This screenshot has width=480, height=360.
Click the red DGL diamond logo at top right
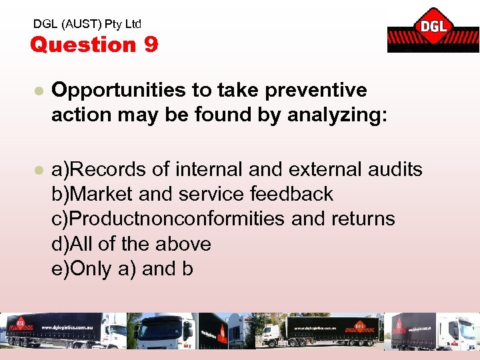433,28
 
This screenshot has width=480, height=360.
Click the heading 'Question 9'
94,45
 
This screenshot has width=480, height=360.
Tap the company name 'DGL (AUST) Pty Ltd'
87,24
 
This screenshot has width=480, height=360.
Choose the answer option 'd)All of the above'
131,244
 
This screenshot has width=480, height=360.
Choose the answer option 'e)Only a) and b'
123,269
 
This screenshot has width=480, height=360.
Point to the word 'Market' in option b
103,194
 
